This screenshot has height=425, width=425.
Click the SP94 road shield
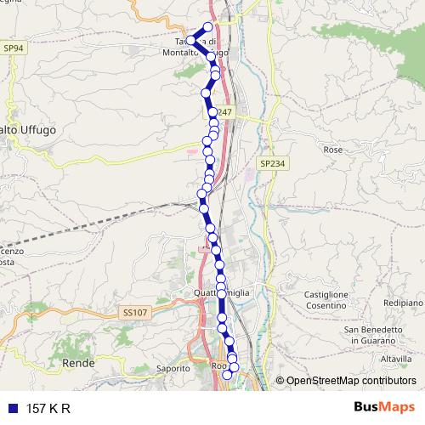tap(12, 49)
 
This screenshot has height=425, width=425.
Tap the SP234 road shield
tap(269, 161)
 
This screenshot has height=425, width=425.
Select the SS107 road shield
tap(130, 314)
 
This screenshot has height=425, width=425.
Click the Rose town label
tap(332, 149)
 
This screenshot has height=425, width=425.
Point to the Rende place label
tap(77, 363)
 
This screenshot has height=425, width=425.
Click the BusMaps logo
tap(384, 408)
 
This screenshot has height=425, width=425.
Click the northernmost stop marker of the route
tap(209, 26)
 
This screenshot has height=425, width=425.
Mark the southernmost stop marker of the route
tap(227, 375)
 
